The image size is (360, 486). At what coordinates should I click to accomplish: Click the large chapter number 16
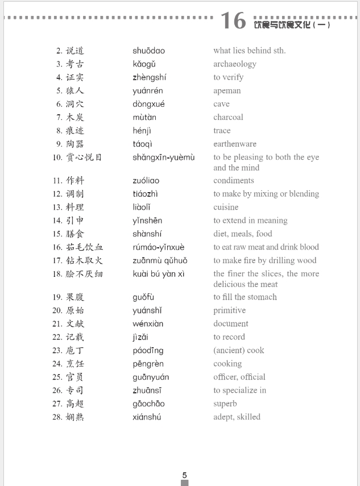233,21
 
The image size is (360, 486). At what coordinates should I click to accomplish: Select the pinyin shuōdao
148,51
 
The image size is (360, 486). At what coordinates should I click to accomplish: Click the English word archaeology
234,64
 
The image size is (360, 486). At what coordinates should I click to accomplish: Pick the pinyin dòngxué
148,104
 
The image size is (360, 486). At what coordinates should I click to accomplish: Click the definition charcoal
228,117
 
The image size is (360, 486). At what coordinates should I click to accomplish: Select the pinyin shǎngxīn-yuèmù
163,157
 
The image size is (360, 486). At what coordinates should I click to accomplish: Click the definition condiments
233,181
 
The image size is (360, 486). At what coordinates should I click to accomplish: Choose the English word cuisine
226,207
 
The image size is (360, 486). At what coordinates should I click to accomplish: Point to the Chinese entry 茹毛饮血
85,247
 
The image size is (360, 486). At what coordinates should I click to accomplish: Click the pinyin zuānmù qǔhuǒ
160,261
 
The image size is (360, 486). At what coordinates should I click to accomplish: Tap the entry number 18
57,274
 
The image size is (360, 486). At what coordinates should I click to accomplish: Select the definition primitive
229,310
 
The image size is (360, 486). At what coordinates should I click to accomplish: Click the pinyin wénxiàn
148,324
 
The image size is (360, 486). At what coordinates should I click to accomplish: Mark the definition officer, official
239,377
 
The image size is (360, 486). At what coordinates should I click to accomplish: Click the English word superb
225,404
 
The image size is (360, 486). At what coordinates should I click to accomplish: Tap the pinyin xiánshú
147,417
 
